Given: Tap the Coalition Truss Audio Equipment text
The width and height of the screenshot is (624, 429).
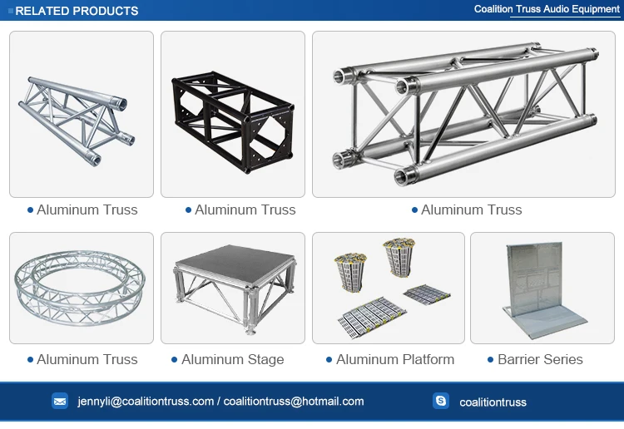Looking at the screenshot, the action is point(547,9).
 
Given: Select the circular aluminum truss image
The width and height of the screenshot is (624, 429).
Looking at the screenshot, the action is point(81,287).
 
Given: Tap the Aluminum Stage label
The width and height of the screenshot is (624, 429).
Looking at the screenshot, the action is point(232,359).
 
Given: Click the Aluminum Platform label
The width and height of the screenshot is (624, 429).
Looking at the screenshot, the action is point(395,359).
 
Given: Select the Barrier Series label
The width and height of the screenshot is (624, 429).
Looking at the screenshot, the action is point(540,359).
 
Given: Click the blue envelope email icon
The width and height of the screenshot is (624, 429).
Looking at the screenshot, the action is point(60,401).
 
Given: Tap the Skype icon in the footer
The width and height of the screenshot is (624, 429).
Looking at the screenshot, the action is point(441,401).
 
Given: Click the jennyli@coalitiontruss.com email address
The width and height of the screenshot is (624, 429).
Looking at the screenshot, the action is point(146,401).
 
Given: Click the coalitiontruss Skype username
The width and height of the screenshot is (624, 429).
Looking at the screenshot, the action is point(493,402).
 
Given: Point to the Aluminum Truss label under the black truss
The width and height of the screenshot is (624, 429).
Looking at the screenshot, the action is point(245,210).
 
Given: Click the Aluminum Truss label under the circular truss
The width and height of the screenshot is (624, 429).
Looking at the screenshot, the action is point(87,359).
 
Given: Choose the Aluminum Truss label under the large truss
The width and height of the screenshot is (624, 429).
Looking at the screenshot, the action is point(471,210).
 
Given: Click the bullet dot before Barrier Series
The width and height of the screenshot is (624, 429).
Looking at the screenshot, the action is point(490,360).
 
